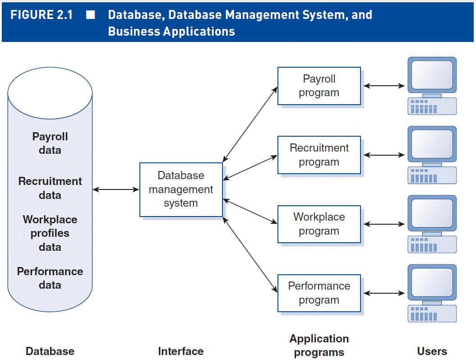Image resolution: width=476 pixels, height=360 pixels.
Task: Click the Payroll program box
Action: coord(319,86)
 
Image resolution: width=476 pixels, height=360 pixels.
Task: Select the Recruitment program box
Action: coord(319,155)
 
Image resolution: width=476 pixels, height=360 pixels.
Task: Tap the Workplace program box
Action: coord(319,224)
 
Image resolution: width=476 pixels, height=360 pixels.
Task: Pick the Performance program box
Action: coord(319,293)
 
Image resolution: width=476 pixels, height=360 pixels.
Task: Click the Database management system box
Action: coord(181,189)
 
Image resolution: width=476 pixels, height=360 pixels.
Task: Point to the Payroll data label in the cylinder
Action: coord(50,143)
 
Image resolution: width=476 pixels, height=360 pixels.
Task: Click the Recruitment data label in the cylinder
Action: coord(50,188)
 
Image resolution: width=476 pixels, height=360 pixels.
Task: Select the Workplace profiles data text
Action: coord(50,233)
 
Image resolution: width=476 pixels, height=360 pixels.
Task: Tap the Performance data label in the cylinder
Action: coord(50,278)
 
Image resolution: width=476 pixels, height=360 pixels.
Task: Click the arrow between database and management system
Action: coord(116,190)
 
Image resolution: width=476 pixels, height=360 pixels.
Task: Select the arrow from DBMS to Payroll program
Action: coord(250,124)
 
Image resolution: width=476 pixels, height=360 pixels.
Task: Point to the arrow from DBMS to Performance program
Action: coord(250,254)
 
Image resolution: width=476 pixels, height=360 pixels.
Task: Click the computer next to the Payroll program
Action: coord(432,86)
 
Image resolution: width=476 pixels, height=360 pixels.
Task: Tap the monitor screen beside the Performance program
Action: coord(432,282)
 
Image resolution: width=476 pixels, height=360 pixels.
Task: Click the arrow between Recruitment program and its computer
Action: coord(384,155)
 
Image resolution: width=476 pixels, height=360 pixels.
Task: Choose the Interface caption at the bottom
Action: coord(180,351)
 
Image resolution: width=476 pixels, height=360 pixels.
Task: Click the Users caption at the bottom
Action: coord(432,351)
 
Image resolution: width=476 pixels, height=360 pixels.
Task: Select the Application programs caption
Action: coord(319,345)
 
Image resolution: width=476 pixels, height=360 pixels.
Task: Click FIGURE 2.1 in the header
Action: coord(42,15)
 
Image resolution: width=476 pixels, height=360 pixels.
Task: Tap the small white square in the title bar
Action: coord(91,15)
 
